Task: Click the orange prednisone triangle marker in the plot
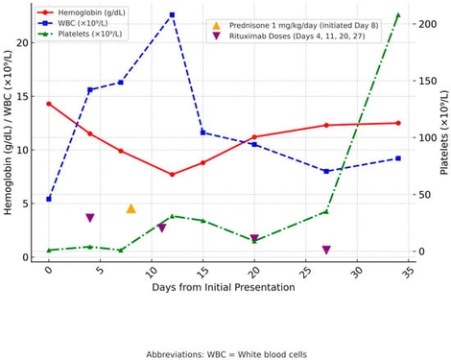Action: pos(131,208)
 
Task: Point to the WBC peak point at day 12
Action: pos(172,15)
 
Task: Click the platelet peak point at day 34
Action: pos(398,15)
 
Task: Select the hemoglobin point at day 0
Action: pos(49,104)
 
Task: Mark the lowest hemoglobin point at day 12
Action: pos(172,175)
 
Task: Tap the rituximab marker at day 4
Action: pos(90,218)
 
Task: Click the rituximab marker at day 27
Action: pos(326,250)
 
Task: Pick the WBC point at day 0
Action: pos(49,199)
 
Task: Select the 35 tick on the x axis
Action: pos(408,272)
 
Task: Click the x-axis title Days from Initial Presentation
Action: pos(227,289)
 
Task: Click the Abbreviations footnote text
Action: pos(226,353)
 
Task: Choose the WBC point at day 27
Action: pos(326,171)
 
